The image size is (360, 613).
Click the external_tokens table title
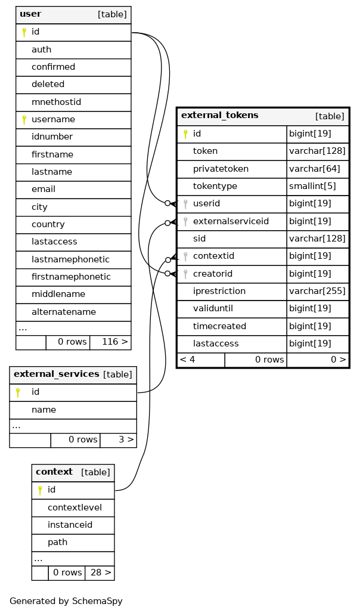[x=220, y=115]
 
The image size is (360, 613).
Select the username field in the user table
[x=53, y=119]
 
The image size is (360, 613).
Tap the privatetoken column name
[x=221, y=169]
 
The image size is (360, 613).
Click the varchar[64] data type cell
[x=314, y=169]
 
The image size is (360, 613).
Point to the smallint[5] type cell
[x=312, y=186]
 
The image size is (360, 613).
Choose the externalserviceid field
[x=231, y=221]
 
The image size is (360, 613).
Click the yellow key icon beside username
[x=24, y=120]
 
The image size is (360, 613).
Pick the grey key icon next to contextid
[x=186, y=256]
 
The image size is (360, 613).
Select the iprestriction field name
[x=219, y=291]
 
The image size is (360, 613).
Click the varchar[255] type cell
[x=317, y=291]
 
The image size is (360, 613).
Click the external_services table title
[x=56, y=374]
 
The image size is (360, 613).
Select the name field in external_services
[x=44, y=410]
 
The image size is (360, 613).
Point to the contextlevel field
[x=75, y=507]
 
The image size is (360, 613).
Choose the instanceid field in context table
[x=70, y=525]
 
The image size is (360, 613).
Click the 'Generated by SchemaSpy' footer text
[x=66, y=601]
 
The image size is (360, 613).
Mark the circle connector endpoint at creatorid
[x=167, y=274]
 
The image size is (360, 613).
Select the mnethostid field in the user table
[x=56, y=102]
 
